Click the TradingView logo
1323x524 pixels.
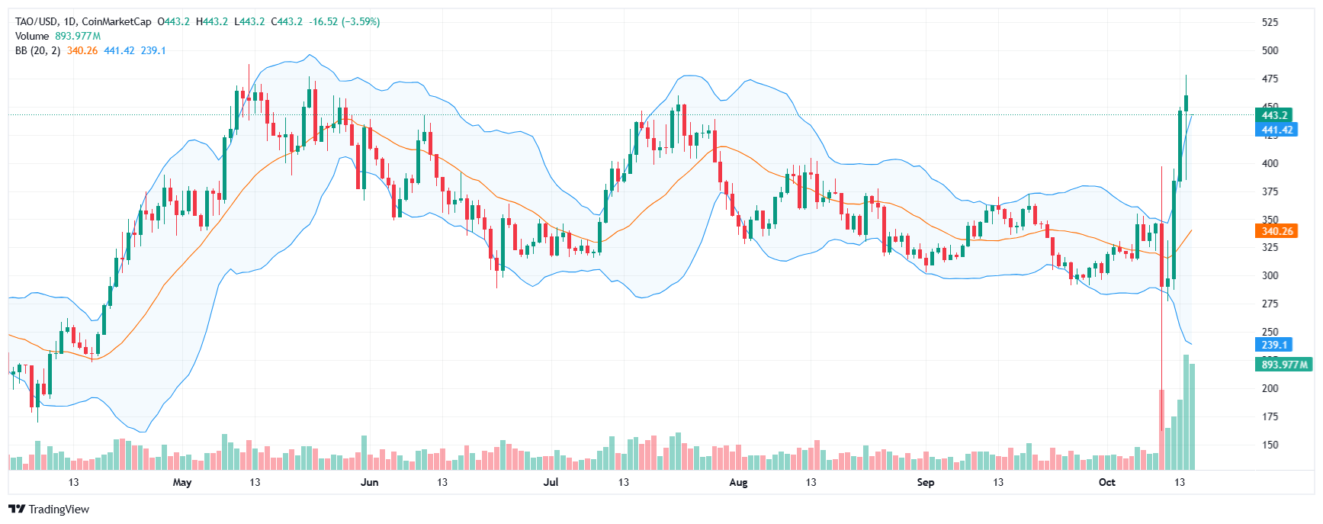point(49,510)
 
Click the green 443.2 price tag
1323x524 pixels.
point(1273,115)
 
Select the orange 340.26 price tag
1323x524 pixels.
point(1276,231)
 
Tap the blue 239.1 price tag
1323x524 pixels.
point(1273,345)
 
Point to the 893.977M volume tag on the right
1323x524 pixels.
point(1284,365)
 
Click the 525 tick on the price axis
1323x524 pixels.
point(1270,22)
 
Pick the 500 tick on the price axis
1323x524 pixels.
point(1270,50)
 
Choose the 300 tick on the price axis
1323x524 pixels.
point(1270,275)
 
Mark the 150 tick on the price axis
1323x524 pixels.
point(1270,445)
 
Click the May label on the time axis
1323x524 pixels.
point(182,482)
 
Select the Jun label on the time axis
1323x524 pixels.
point(369,482)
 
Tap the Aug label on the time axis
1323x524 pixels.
point(738,482)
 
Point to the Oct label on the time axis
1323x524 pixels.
point(1106,482)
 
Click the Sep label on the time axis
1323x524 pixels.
point(925,482)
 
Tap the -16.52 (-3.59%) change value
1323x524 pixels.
point(344,21)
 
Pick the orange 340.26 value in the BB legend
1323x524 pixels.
point(82,50)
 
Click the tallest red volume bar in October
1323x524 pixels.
point(1161,429)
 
